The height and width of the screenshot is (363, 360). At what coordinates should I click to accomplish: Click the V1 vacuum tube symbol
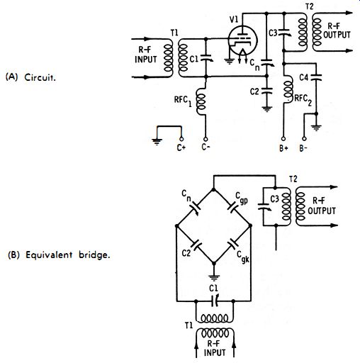click(242, 40)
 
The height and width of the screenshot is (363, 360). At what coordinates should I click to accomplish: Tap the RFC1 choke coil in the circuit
click(201, 101)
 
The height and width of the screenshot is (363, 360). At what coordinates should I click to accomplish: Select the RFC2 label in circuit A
click(303, 100)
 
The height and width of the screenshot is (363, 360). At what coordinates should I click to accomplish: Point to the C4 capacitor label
click(304, 77)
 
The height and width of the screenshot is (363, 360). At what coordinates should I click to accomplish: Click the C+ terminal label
click(181, 147)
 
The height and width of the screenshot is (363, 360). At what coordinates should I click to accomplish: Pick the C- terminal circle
click(206, 139)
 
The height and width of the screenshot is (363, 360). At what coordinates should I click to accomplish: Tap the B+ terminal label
click(283, 148)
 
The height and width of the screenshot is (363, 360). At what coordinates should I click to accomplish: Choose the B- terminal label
click(303, 148)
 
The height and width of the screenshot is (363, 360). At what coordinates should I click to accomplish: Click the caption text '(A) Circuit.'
click(30, 77)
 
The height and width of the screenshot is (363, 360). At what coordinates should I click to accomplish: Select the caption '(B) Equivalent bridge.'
click(59, 255)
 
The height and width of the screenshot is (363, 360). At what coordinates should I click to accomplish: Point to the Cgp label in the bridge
click(242, 198)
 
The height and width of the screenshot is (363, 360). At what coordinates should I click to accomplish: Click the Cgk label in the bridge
click(243, 257)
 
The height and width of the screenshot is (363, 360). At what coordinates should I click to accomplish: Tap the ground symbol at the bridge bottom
click(214, 277)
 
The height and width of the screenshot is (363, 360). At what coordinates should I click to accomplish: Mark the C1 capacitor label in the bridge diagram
click(213, 288)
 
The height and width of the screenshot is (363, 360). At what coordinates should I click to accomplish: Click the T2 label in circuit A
click(309, 6)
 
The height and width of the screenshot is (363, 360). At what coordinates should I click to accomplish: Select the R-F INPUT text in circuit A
click(146, 55)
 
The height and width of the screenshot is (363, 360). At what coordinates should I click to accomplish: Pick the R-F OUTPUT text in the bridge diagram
click(322, 206)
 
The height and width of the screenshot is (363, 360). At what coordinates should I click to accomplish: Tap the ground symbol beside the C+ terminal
click(157, 141)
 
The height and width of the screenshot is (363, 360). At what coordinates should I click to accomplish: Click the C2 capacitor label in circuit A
click(254, 91)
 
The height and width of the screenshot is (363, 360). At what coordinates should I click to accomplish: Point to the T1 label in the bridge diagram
click(189, 325)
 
